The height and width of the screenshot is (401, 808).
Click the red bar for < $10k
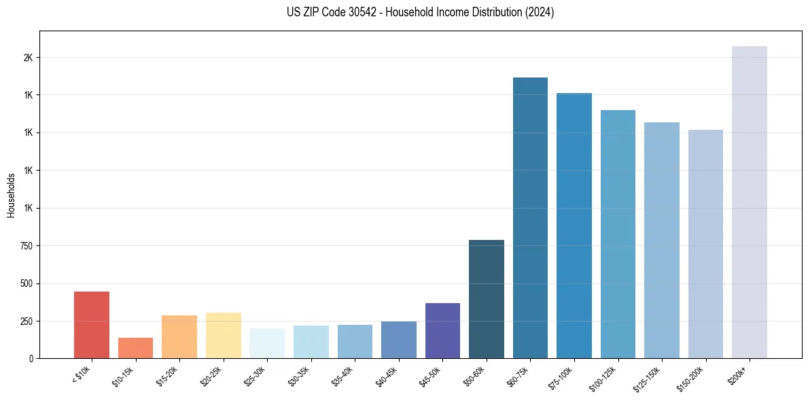(x=92, y=325)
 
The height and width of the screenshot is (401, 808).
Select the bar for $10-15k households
(x=135, y=348)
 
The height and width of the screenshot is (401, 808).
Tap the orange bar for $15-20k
(x=179, y=336)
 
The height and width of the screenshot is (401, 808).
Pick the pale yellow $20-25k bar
(x=223, y=335)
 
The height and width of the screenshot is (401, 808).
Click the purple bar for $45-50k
(x=442, y=330)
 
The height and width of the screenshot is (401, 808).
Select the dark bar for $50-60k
(x=487, y=299)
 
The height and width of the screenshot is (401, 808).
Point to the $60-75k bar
(x=530, y=217)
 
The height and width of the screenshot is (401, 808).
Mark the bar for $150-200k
(x=705, y=244)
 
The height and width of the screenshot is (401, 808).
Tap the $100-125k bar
(x=618, y=234)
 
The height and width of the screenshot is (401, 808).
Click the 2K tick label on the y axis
(x=28, y=58)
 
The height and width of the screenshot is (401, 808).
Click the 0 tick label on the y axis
(x=31, y=359)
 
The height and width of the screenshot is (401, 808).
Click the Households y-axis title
(x=12, y=195)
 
